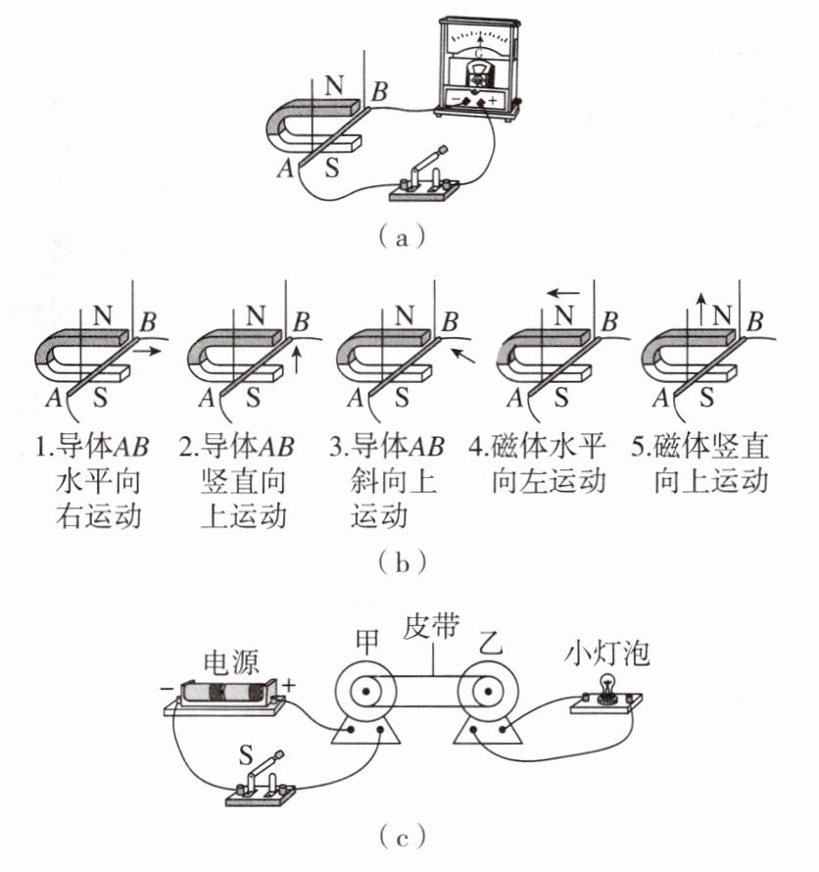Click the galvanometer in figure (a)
pos(479,68)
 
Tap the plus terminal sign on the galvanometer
pos(492,101)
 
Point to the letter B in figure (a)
pos(379,92)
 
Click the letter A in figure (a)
pos(286,167)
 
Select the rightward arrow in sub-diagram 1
pos(148,351)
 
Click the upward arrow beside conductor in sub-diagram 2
pos(297,360)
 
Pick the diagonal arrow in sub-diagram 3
pos(462,356)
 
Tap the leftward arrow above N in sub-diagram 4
pos(562,293)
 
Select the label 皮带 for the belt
pos(431,626)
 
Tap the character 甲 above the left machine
pos(367,642)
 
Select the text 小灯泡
pos(606,654)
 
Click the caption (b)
pos(402,562)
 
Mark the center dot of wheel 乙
pos(488,692)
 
